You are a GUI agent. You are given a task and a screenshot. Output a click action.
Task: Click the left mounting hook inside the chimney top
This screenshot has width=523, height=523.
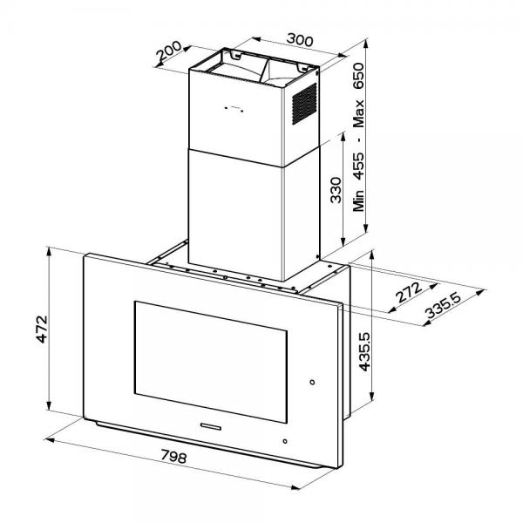(x=236, y=57)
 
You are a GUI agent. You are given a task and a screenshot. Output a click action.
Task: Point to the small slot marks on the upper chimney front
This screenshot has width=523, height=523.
(x=232, y=109)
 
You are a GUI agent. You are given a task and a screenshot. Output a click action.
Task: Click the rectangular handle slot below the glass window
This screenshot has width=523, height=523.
(x=213, y=426)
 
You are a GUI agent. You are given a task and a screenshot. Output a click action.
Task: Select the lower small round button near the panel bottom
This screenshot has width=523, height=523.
(x=283, y=442)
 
